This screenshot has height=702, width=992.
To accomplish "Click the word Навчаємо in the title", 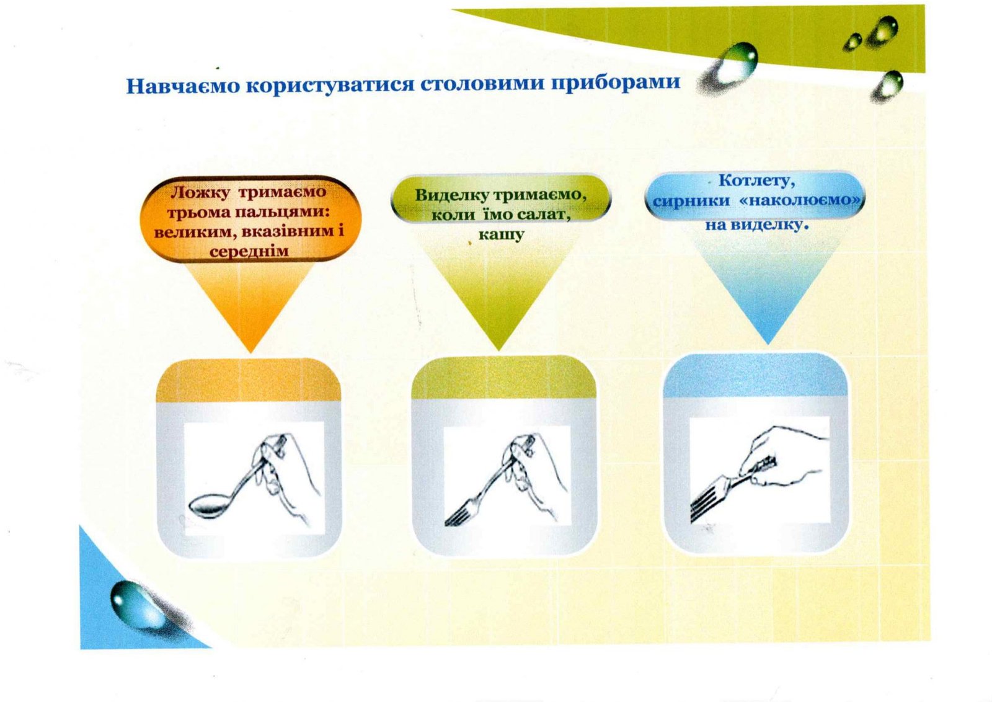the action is coord(182,86).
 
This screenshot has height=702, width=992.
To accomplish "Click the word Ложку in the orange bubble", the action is coord(200,193).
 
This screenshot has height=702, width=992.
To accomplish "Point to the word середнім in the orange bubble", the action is coord(249,252).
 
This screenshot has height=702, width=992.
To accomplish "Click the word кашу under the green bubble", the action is coord(501,234).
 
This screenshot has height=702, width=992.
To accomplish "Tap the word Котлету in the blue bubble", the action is coord(756,180).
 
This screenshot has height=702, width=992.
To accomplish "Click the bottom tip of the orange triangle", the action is coord(250,352).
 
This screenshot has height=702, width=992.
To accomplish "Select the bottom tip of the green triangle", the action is coord(498,350).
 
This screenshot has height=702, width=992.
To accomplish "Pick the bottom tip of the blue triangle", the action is coord(768,344).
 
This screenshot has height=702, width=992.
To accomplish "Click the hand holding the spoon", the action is coord(283,469).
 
